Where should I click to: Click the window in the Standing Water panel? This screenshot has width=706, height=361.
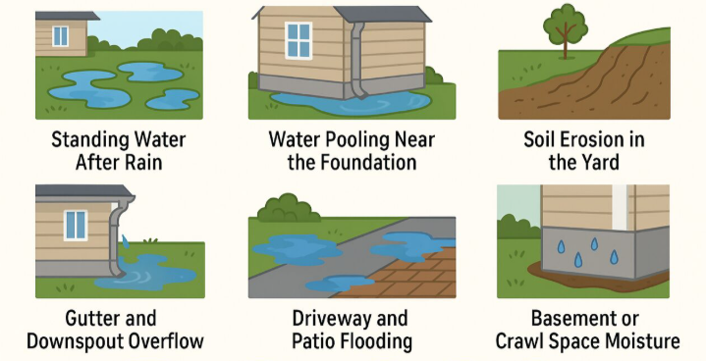[x=60, y=36]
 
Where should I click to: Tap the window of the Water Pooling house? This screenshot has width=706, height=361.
[x=299, y=40]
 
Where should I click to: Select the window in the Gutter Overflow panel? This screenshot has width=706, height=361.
[x=76, y=225]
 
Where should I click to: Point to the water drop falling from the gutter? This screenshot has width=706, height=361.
[x=125, y=241]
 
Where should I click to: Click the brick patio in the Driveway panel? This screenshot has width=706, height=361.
[x=406, y=275]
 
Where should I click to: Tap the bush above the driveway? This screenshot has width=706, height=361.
[x=285, y=208]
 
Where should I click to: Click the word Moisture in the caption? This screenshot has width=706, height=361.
[x=641, y=341]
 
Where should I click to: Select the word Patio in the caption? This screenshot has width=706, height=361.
[x=313, y=341]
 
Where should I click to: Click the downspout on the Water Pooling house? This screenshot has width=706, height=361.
[x=357, y=59]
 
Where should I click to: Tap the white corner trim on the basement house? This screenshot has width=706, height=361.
[x=620, y=206]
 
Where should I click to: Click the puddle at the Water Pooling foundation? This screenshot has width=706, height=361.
[x=352, y=104]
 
